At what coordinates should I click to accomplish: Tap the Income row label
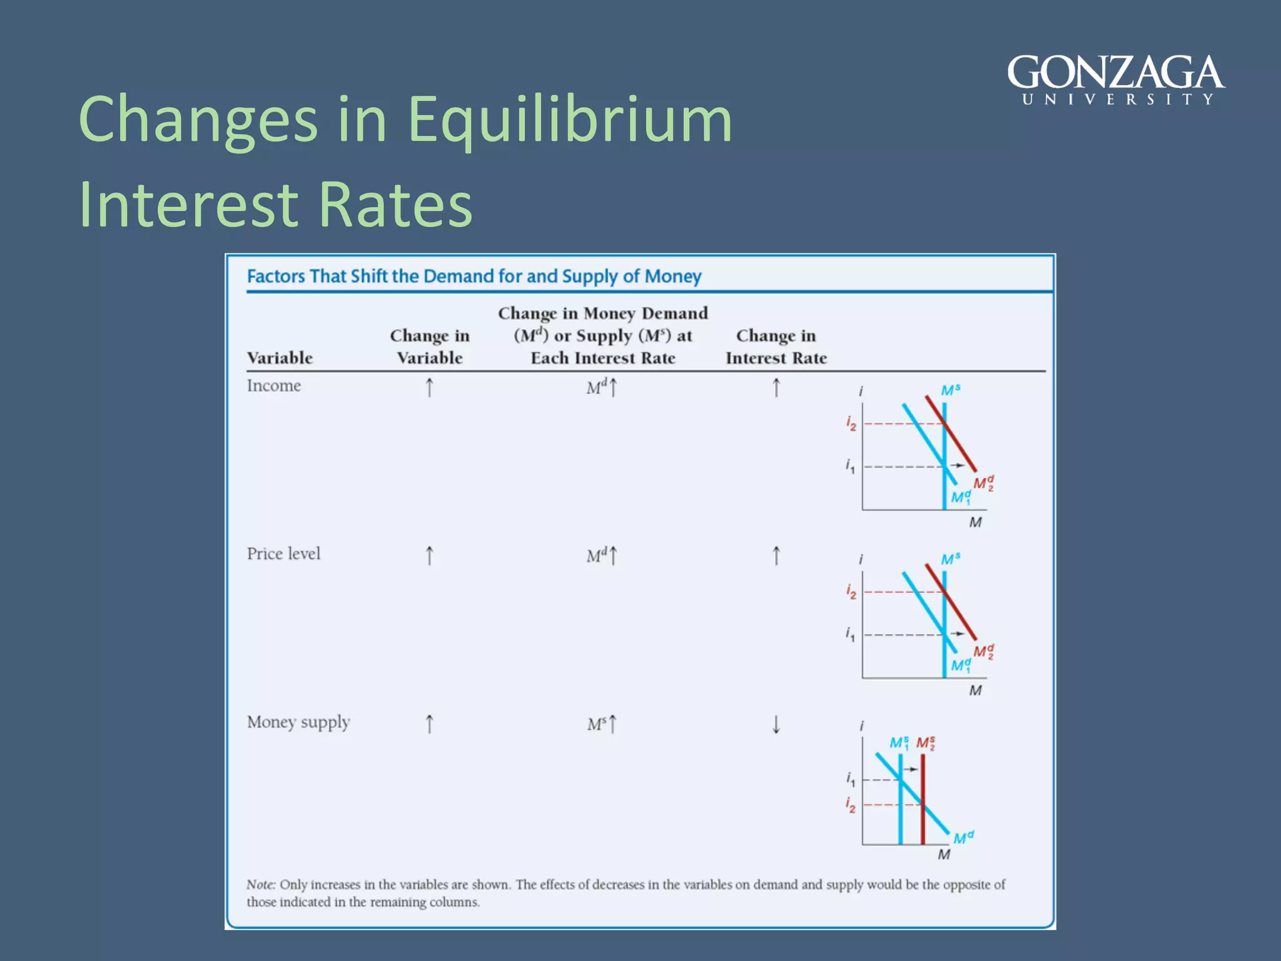click(273, 385)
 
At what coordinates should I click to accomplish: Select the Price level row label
click(283, 554)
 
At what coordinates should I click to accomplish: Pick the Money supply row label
click(298, 722)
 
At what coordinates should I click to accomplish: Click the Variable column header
click(280, 358)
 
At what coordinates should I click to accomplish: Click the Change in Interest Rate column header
click(776, 347)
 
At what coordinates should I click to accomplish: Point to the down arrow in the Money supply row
click(776, 725)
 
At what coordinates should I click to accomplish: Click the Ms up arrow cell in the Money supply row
click(602, 724)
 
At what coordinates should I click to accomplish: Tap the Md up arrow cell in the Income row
click(602, 387)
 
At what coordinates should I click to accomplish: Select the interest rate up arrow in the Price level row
click(776, 556)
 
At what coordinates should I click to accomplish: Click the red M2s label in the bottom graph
click(926, 743)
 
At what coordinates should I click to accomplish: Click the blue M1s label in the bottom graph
click(899, 743)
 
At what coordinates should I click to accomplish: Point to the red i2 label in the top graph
click(851, 424)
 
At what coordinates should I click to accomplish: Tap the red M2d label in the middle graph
click(983, 651)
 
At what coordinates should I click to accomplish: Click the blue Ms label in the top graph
click(950, 390)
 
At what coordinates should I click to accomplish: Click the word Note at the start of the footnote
click(260, 885)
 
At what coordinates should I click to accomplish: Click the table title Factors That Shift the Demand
click(473, 276)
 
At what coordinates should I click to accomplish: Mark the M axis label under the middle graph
click(975, 691)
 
